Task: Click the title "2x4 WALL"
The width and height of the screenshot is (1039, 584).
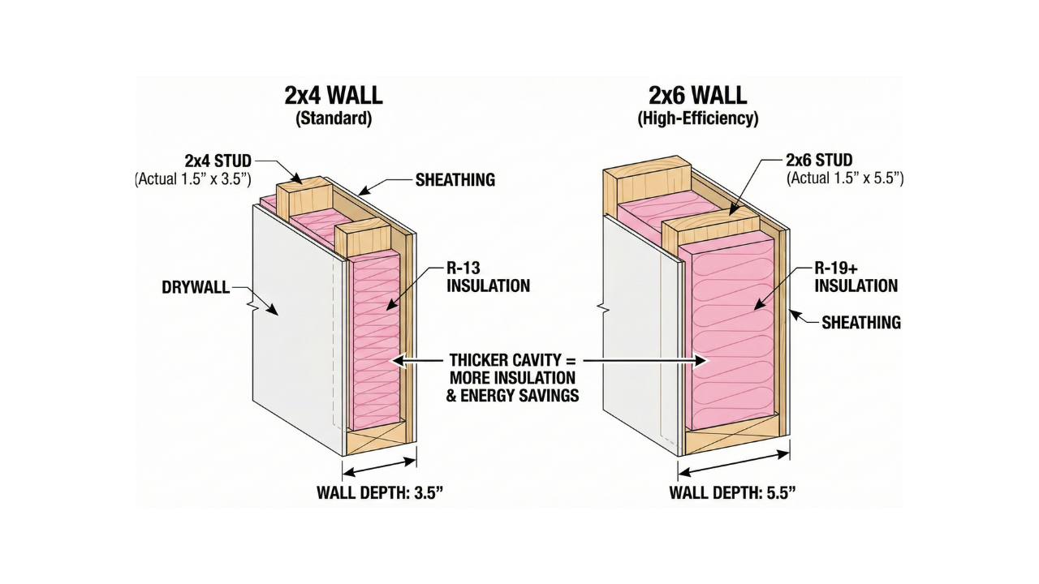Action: [333, 95]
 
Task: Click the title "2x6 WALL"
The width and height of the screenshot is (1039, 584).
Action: [697, 95]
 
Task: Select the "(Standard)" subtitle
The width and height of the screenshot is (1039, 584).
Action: [333, 118]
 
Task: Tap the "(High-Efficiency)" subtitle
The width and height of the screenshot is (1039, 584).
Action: [698, 118]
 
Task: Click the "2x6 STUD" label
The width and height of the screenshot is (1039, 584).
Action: [819, 160]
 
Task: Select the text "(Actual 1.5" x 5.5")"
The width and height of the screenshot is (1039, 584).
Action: [844, 178]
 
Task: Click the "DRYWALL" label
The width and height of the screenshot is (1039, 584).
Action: [196, 286]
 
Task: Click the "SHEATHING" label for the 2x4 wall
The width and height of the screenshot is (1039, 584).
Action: [455, 180]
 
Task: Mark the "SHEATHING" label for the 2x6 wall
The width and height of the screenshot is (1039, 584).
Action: [861, 322]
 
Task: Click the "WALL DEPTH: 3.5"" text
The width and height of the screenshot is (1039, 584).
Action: [380, 492]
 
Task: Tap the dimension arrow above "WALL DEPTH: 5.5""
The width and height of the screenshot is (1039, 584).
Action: [734, 462]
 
